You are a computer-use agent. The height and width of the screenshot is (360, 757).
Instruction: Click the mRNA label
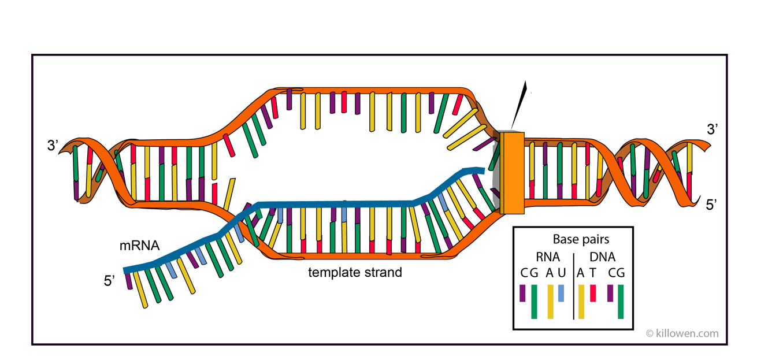pyautogui.click(x=139, y=246)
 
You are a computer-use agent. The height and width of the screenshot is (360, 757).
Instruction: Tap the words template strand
pyautogui.click(x=355, y=272)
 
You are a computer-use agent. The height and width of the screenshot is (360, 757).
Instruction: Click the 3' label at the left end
pyautogui.click(x=53, y=146)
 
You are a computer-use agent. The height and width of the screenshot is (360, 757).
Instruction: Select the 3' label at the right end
pyautogui.click(x=713, y=129)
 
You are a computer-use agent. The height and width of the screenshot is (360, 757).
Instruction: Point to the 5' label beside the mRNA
pyautogui.click(x=109, y=281)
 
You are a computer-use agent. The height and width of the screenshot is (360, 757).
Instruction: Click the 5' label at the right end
pyautogui.click(x=711, y=205)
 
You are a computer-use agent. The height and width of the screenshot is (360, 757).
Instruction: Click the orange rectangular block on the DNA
pyautogui.click(x=512, y=173)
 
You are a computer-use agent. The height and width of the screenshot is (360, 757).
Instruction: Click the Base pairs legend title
pyautogui.click(x=581, y=239)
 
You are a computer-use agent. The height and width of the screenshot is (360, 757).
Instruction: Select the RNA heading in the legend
pyautogui.click(x=548, y=257)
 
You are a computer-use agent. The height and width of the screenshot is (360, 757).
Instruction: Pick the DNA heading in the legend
pyautogui.click(x=602, y=257)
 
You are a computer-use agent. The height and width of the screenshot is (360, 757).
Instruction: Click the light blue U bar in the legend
pyautogui.click(x=561, y=293)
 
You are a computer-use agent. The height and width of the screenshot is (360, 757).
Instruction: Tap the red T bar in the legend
pyautogui.click(x=593, y=293)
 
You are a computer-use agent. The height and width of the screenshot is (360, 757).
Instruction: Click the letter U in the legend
pyautogui.click(x=562, y=273)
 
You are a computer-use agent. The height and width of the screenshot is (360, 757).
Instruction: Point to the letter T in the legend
pyautogui.click(x=593, y=273)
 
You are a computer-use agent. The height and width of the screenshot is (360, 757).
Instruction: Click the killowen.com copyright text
pyautogui.click(x=682, y=333)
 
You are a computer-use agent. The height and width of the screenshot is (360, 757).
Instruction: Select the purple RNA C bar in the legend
pyautogui.click(x=522, y=293)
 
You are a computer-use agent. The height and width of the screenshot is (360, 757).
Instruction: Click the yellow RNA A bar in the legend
pyautogui.click(x=550, y=302)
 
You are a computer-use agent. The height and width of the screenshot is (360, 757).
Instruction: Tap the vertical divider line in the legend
pyautogui.click(x=574, y=286)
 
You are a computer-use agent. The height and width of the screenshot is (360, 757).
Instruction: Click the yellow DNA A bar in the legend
pyautogui.click(x=581, y=302)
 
